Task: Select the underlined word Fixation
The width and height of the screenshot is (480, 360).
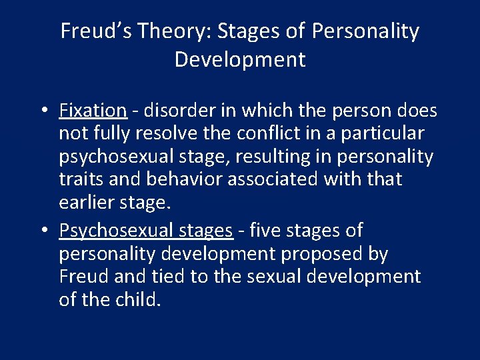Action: coord(93,109)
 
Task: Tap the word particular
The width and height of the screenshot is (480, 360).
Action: coord(384,133)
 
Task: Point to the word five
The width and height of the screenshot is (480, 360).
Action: coord(267,230)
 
